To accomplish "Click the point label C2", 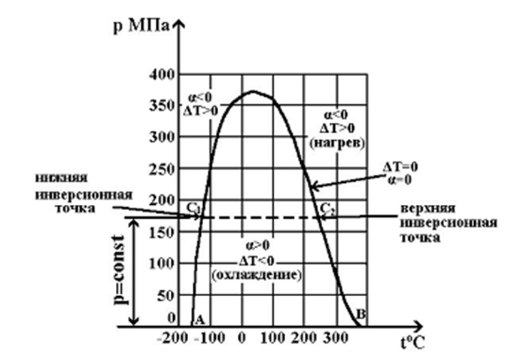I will point(326,208).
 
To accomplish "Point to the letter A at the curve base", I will point(200,318).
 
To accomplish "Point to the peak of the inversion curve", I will point(253,92).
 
